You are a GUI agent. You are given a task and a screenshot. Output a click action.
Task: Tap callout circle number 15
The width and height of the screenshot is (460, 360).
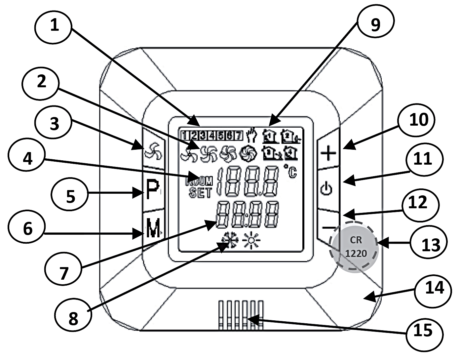[x=424, y=331]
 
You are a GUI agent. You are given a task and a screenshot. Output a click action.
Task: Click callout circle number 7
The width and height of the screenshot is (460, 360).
[x=63, y=273]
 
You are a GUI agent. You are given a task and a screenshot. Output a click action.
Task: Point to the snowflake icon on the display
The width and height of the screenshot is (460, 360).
[x=229, y=241]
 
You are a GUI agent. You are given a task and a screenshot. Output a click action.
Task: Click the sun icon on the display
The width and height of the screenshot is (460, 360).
[x=251, y=241]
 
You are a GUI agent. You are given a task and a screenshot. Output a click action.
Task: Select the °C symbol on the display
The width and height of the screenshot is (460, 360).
[x=290, y=171]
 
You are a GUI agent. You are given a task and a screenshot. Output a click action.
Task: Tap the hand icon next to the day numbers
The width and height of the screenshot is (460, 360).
[x=252, y=135]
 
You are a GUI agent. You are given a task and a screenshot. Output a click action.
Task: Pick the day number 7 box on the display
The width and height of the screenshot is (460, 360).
[x=239, y=135]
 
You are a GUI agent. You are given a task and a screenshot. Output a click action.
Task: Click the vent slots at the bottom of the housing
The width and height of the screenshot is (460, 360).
[x=241, y=315]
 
